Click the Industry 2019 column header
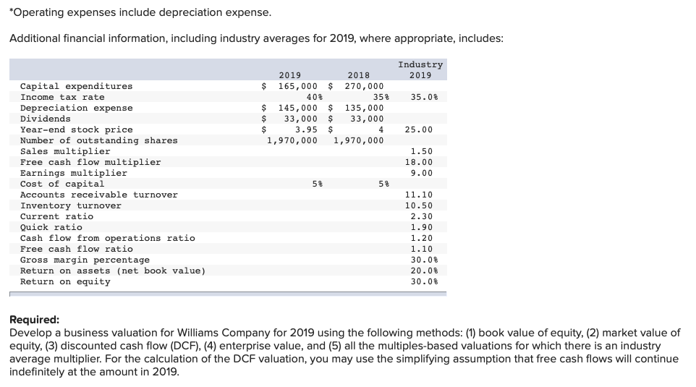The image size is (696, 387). (x=420, y=70)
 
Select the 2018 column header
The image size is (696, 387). (x=358, y=75)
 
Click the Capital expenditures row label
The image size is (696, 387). (x=76, y=86)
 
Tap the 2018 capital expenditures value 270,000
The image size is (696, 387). (x=364, y=86)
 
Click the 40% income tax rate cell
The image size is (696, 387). (x=314, y=97)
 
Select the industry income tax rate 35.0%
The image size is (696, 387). (x=420, y=97)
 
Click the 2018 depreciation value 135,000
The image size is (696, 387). (x=364, y=108)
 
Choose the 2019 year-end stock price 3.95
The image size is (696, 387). (x=305, y=129)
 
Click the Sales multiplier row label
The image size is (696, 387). (x=65, y=151)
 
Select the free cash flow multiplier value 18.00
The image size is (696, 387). (x=421, y=162)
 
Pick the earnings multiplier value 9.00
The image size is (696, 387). (x=421, y=173)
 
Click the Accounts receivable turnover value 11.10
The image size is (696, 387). (x=419, y=195)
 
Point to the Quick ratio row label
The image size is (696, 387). (x=51, y=227)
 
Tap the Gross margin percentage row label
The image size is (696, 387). (x=85, y=260)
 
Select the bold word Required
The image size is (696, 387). (x=34, y=320)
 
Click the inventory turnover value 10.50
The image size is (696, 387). (x=419, y=205)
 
